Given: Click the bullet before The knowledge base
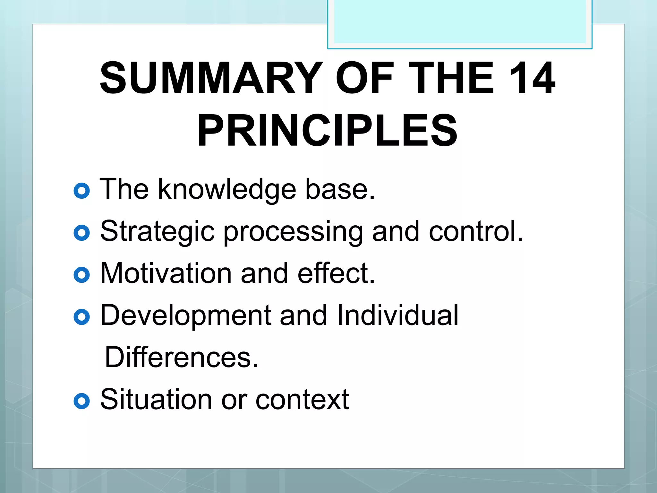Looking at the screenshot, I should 81,191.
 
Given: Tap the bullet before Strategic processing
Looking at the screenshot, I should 81,233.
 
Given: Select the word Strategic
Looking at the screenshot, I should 157,232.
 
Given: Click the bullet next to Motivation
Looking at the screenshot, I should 81,275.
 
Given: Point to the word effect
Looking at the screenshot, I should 336,273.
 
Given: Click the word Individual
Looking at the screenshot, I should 397,315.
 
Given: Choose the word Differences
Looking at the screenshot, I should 181,357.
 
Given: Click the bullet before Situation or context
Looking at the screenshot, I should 81,401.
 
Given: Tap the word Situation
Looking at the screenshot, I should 156,399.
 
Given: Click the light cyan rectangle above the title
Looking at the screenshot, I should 460,22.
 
